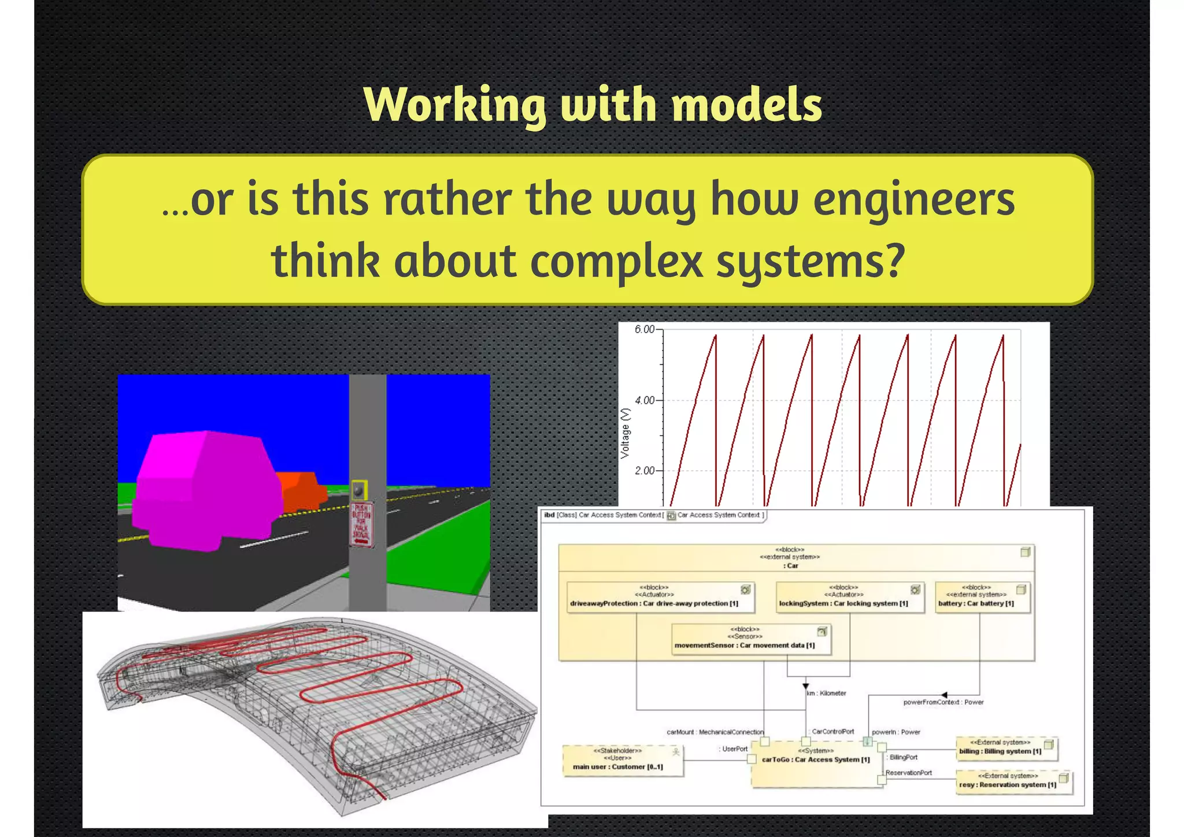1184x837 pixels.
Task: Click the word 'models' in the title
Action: [x=746, y=105]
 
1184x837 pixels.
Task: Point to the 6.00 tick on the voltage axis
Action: [x=645, y=330]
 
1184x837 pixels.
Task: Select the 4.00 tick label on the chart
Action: [x=645, y=400]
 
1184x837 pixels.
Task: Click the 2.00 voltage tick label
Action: [x=645, y=471]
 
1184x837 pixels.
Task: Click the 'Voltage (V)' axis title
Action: [x=625, y=433]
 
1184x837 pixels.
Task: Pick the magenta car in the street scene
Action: [x=205, y=492]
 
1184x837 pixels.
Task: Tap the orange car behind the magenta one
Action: [x=301, y=491]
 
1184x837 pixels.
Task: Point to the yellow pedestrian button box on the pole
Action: [x=360, y=491]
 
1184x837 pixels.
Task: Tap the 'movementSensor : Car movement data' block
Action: [x=751, y=639]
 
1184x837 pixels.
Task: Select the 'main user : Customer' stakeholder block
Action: [x=623, y=761]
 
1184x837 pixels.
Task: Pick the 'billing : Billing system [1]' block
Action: [x=1006, y=749]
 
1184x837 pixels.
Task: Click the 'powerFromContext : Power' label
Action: [x=943, y=702]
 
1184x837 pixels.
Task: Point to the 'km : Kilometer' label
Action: [x=827, y=693]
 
